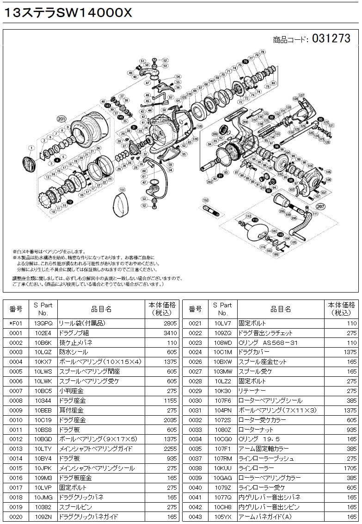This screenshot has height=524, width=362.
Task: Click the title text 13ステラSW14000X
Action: point(68,13)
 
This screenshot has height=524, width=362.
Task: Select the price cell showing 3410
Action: point(170,333)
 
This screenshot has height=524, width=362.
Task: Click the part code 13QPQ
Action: point(43,323)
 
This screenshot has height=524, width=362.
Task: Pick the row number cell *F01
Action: point(16,323)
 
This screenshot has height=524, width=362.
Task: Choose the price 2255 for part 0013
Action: point(170,449)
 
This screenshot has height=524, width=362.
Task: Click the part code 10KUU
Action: point(223,468)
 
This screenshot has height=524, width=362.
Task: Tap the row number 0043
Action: point(196,516)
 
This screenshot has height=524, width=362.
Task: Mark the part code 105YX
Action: point(223,516)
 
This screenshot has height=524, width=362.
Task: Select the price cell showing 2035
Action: point(170,420)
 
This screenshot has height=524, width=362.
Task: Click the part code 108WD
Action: point(223,343)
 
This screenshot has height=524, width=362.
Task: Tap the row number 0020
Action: point(16,516)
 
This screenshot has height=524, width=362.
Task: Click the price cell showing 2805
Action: point(170,323)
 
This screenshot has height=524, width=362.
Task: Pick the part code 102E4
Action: point(43,333)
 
